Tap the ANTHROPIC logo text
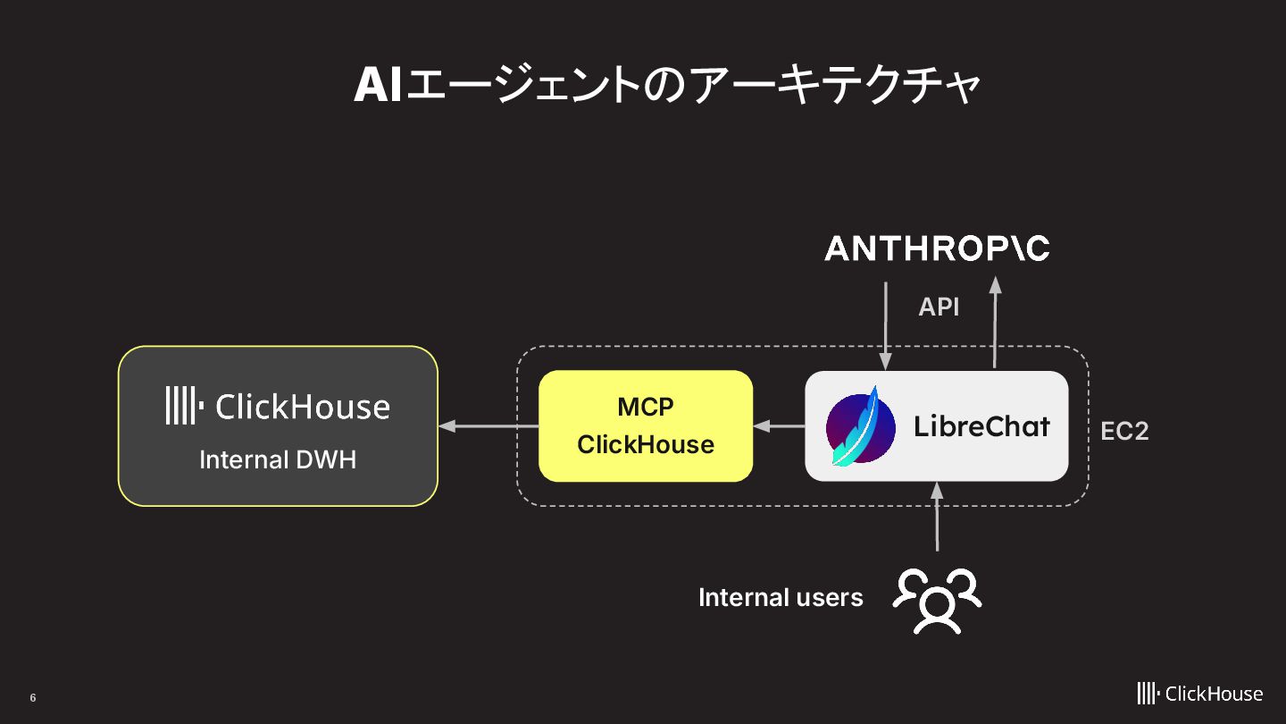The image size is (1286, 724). coord(937,249)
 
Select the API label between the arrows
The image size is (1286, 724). coord(939,307)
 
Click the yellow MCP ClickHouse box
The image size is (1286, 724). coord(646,426)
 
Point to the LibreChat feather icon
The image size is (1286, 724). coord(860,426)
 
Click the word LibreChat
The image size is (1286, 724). coord(981,426)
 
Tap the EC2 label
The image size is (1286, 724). coord(1123,431)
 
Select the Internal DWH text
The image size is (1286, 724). coord(278,459)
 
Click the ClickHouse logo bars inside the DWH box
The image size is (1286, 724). coord(182,407)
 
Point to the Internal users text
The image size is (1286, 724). coord(781,597)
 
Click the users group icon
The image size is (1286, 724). coord(937,599)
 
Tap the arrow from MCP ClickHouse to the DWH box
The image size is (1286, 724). coord(488,426)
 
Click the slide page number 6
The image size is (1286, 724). coord(33,698)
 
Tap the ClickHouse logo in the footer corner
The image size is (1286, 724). coord(1199,694)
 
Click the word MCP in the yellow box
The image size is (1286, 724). coord(646,407)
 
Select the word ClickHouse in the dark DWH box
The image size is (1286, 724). coord(303,408)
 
